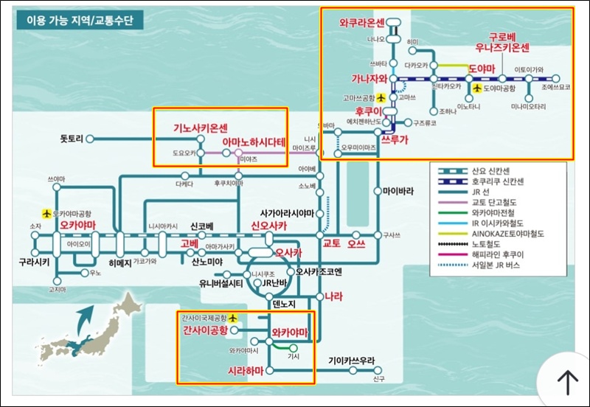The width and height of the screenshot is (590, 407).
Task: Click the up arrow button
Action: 566,381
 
